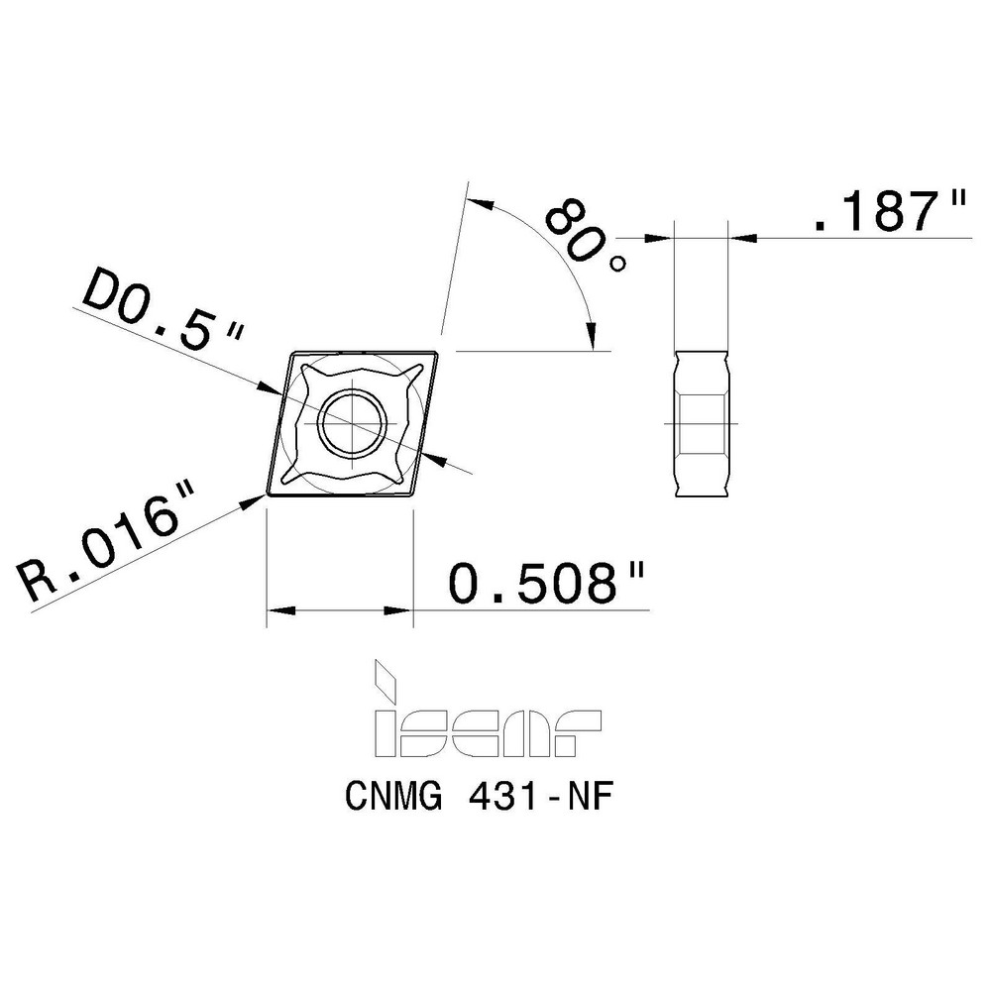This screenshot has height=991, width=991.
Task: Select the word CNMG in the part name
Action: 390,799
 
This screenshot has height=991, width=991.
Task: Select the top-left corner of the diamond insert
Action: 290,352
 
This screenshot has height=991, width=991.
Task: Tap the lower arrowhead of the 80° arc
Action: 594,337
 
